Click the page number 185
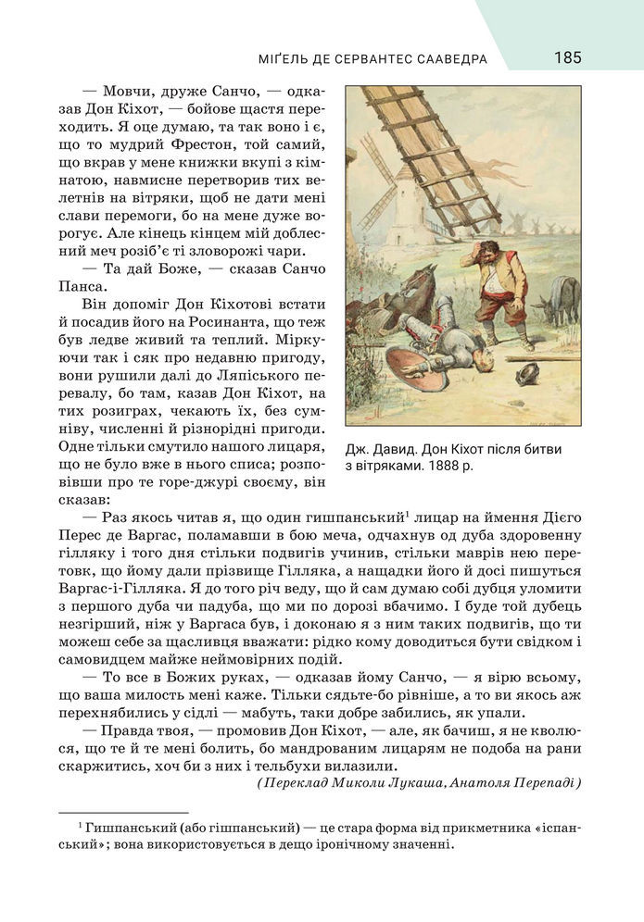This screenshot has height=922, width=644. pos(567,58)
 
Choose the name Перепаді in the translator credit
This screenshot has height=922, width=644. pos(546,782)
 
